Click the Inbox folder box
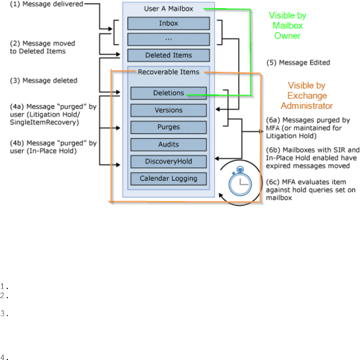[168, 24]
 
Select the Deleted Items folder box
[168, 55]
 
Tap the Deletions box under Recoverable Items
[168, 93]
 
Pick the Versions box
[168, 110]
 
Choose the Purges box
[168, 127]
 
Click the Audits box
[168, 144]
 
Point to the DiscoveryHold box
[168, 161]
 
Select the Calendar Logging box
[168, 178]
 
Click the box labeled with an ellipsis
[168, 39]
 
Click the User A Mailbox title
[168, 9]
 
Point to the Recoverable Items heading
[168, 72]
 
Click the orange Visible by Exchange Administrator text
[306, 96]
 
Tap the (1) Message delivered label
[47, 5]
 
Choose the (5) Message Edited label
[298, 63]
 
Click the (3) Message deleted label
[44, 81]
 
